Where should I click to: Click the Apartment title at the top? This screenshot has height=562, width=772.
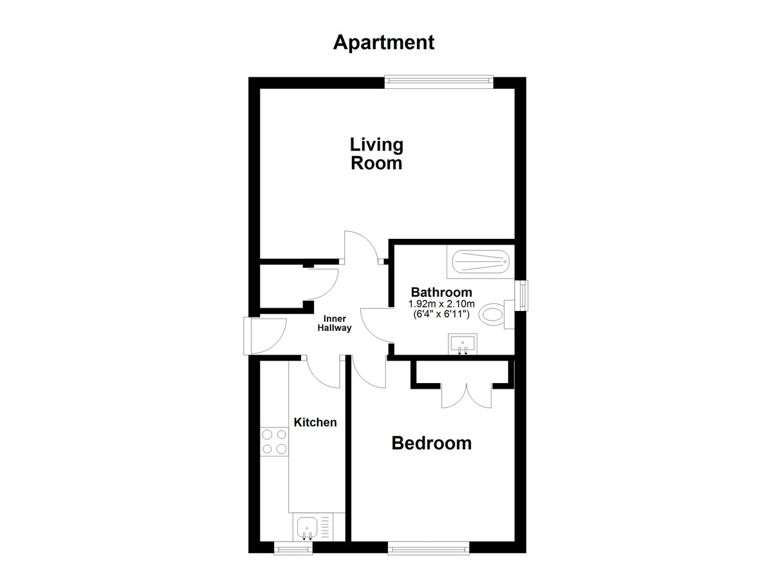point(383,43)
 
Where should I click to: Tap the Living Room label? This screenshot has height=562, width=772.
point(376,154)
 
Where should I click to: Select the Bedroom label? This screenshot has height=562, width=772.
point(432,443)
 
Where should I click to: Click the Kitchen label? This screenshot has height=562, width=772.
point(315,422)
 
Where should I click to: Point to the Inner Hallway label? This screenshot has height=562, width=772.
point(335,323)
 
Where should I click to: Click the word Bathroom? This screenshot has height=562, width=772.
point(441,292)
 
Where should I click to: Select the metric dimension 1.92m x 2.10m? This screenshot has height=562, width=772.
point(441,304)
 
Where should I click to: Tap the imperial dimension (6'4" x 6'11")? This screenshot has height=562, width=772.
point(441,314)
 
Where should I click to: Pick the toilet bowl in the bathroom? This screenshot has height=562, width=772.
point(492,314)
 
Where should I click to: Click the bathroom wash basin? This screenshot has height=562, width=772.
point(463,344)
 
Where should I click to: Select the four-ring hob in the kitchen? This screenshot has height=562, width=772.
point(274,442)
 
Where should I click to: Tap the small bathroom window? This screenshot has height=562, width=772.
point(524,295)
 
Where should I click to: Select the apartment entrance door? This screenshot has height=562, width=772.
point(264,336)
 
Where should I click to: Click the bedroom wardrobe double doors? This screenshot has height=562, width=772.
point(466,395)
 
